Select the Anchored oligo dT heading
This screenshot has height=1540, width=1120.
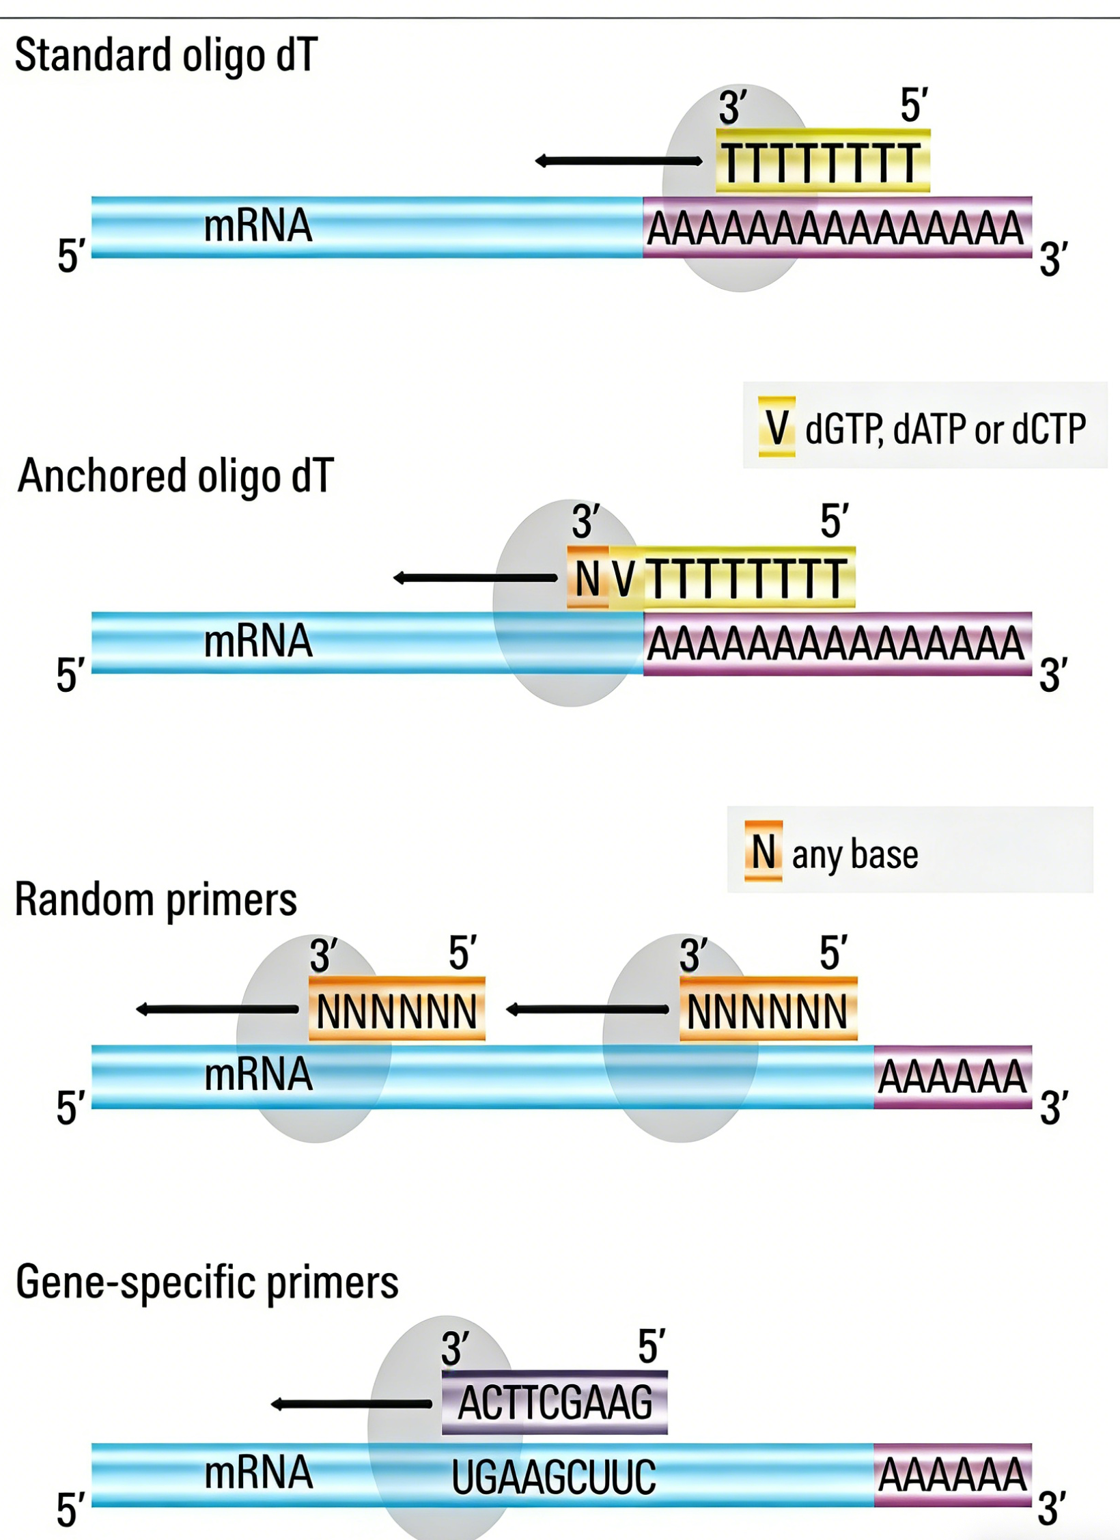pos(176,476)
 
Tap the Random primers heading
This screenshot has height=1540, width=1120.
pos(156,899)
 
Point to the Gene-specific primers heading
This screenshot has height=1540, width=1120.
pos(207,1282)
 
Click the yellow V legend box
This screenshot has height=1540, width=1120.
pos(776,427)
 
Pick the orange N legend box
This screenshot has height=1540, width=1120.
pos(764,851)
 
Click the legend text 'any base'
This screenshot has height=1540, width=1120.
pos(855,854)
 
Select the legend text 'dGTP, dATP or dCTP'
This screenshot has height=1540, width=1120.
pos(945,429)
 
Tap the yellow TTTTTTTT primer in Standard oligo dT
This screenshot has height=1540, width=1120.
pos(822,163)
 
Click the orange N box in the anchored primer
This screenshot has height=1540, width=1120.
pos(588,578)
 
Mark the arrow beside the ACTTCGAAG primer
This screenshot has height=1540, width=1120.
pos(351,1404)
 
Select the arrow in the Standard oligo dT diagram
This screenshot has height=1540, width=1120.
pos(618,161)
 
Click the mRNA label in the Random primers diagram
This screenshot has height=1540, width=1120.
pos(258,1074)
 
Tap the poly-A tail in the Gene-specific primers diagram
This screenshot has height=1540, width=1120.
pos(952,1475)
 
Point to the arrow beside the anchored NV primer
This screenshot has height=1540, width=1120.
pos(475,578)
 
